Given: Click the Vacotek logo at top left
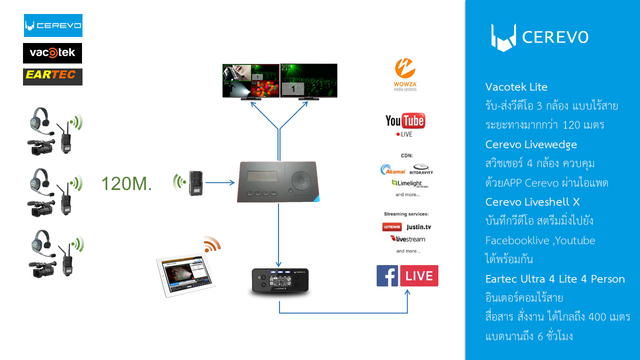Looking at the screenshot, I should pos(52,53).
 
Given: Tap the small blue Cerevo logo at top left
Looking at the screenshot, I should pos(53,25).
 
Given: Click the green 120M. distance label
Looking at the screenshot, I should pos(126,184).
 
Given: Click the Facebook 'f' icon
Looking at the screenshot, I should pos(387,276).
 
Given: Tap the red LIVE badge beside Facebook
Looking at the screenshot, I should pos(419,276).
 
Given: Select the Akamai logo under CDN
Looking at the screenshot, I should pos(392,170).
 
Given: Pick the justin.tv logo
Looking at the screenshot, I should pos(419,227).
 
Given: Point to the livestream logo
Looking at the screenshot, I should pos(407,238).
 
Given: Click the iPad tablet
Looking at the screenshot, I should pos(185,275).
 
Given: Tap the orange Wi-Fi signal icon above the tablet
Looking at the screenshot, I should pos(212,244).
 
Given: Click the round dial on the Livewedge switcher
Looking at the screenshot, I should pos(301,178).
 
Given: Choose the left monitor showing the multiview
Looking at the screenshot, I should pos(251,80).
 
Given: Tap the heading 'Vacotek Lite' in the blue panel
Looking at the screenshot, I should pos(516,87).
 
